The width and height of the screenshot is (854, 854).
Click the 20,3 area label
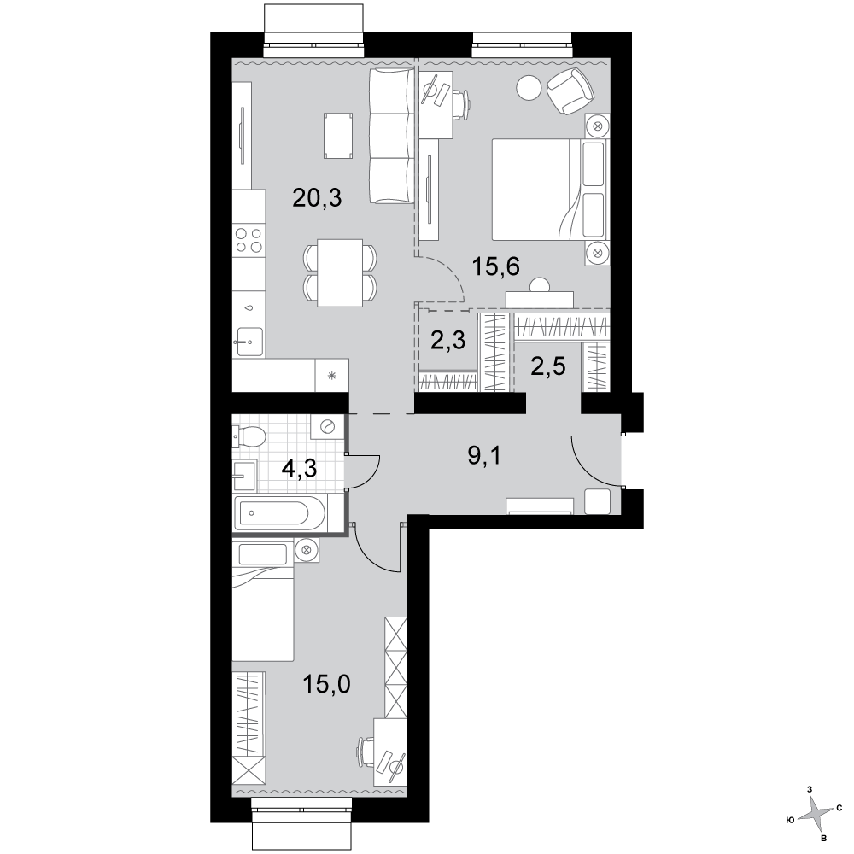317,198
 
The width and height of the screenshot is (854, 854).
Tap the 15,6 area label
495,266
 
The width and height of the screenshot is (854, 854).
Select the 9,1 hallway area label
484,455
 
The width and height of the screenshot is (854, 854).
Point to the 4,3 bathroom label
300,468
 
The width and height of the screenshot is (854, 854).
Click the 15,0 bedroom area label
327,683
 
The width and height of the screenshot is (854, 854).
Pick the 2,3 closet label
448,341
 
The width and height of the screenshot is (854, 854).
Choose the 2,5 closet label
548,366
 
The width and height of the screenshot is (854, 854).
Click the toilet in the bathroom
249,436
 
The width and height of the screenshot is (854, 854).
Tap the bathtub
279,512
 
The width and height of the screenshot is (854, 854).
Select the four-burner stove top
249,240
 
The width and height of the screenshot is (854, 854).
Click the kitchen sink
249,341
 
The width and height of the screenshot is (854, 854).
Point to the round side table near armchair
529,86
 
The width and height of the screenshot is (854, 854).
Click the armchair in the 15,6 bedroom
570,91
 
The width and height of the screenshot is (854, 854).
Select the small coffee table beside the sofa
337,136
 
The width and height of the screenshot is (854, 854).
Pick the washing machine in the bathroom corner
327,427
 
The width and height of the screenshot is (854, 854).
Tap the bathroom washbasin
244,476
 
